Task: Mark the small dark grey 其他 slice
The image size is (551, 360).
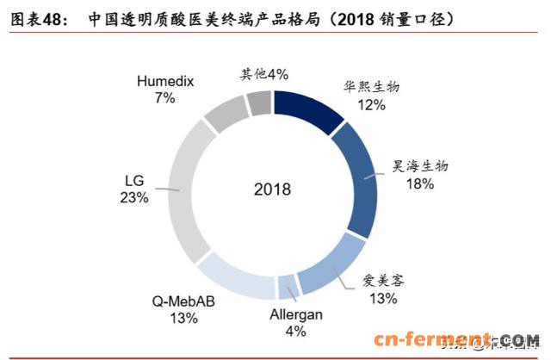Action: [259, 103]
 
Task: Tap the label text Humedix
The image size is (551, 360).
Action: [164, 82]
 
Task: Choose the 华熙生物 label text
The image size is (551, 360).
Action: [371, 86]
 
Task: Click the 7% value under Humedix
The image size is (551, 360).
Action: [164, 99]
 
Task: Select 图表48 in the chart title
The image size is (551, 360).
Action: [36, 17]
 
